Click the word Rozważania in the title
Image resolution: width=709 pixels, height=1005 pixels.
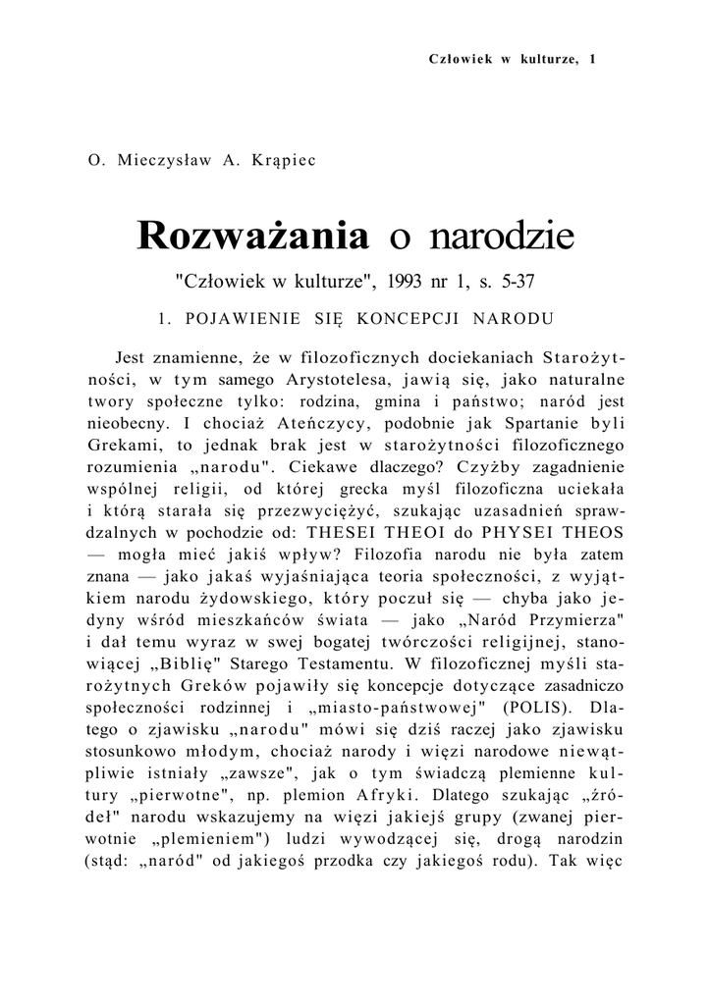click(253, 236)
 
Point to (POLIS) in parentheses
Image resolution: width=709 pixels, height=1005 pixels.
click(531, 703)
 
